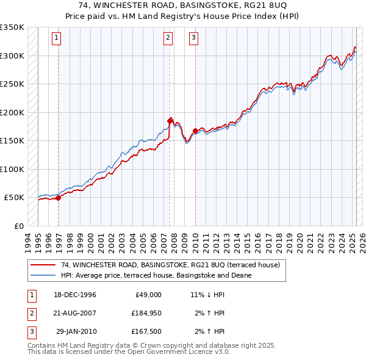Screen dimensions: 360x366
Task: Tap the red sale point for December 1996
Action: click(x=58, y=198)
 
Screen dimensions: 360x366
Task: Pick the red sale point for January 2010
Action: click(x=195, y=131)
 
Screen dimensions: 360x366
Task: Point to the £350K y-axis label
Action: click(x=12, y=27)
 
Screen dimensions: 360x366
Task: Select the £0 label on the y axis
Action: click(x=18, y=226)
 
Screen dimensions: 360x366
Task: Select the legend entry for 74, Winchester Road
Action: click(x=170, y=265)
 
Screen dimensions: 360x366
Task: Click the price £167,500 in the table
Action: click(x=146, y=332)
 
